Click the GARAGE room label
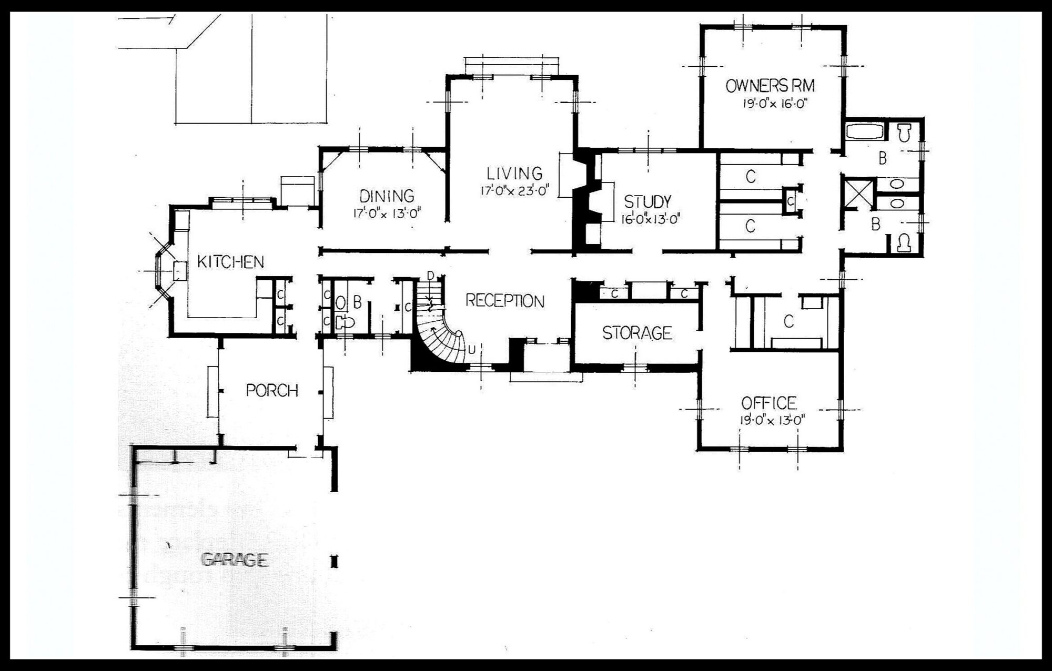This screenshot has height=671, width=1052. [235, 560]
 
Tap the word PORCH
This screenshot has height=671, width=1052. [272, 391]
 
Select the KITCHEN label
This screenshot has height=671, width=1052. [230, 261]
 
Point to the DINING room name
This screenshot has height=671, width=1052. [387, 196]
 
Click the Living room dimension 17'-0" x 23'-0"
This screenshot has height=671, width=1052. [514, 190]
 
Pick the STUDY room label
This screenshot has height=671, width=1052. [648, 201]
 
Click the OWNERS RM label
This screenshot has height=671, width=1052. [771, 86]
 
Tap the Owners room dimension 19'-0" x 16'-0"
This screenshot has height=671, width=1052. [775, 103]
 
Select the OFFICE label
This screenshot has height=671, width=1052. [768, 403]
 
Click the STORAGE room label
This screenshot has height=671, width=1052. [637, 333]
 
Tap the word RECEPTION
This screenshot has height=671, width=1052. [505, 301]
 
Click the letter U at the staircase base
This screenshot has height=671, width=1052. [471, 349]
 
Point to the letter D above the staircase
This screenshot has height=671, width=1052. [431, 275]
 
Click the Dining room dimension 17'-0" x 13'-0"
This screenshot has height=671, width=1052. [388, 213]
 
